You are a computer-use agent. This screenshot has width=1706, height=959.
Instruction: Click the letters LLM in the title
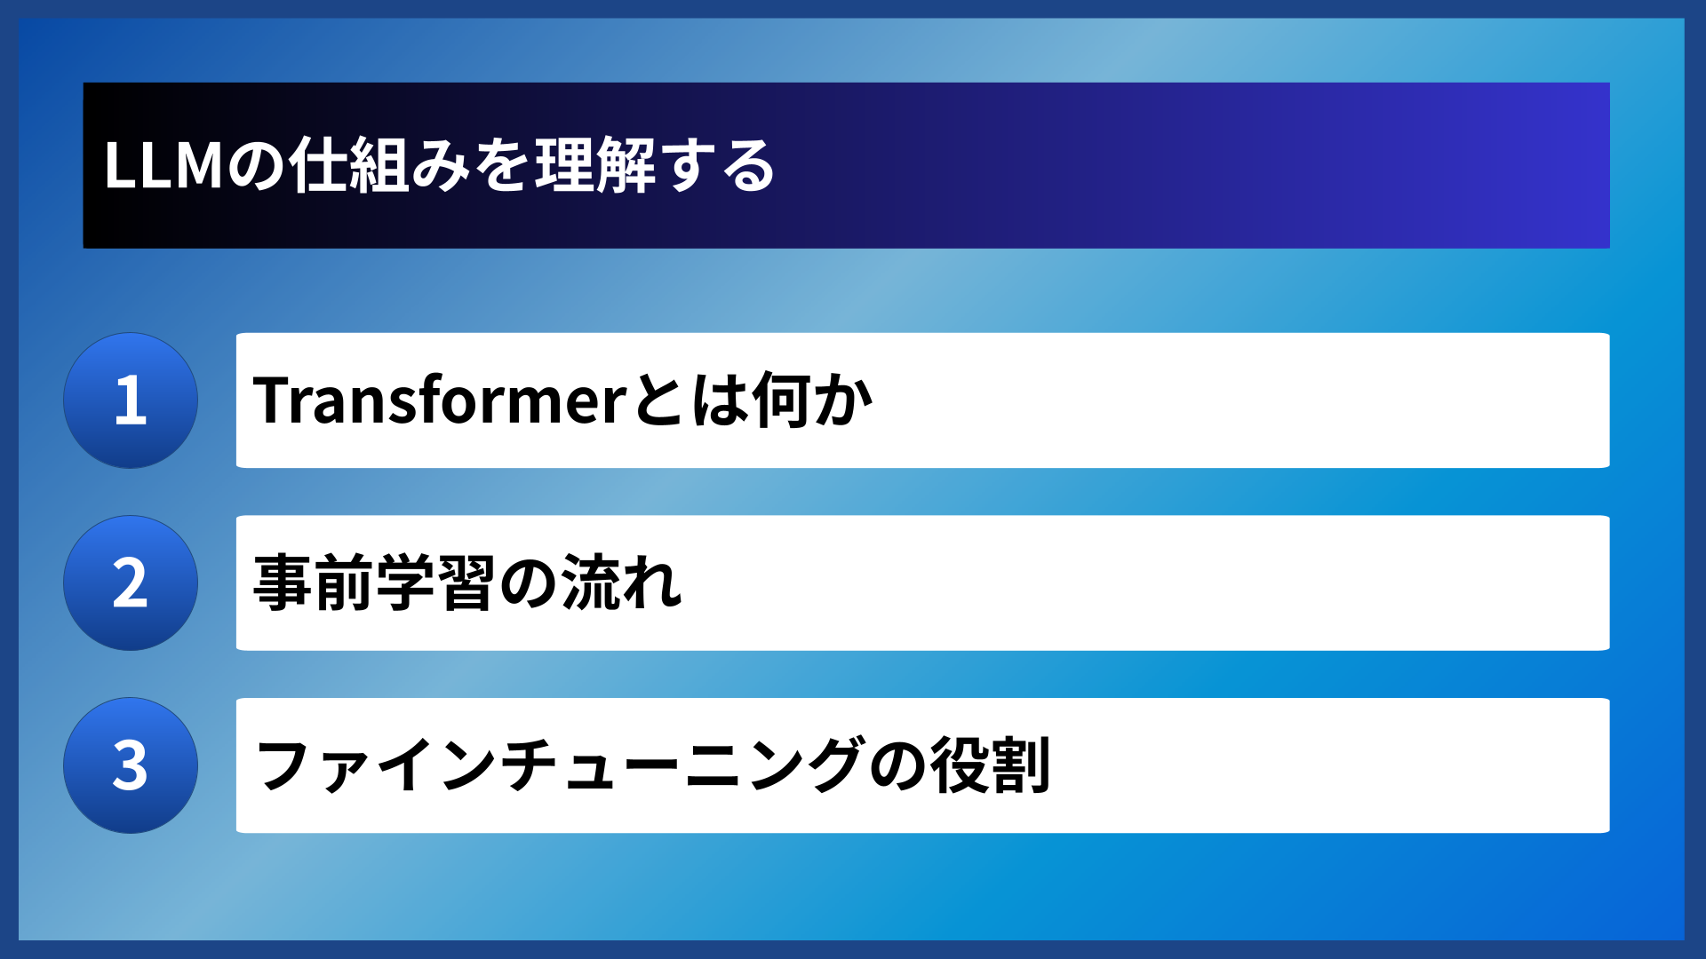point(163,166)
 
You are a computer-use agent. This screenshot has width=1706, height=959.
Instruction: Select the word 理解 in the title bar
point(594,166)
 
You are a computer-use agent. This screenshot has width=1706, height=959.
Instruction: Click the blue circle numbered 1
point(131,400)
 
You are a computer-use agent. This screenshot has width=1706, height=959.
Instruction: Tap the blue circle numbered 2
point(131,583)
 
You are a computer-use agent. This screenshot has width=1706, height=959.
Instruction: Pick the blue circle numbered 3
point(131,765)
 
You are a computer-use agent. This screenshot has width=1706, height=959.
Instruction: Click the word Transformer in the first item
point(441,400)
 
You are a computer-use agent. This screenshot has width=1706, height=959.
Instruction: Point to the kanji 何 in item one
point(781,400)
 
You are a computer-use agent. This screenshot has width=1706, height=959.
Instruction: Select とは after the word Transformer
point(690,400)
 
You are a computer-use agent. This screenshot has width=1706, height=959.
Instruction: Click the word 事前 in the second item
point(313,583)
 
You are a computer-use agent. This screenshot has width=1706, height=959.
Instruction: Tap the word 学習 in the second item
point(434,583)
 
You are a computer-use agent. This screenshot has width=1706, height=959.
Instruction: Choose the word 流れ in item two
point(621,583)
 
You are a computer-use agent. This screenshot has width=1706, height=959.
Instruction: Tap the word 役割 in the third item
point(991,765)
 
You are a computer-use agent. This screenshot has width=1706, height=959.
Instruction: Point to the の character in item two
point(528,583)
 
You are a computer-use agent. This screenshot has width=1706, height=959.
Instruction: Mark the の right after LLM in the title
point(257,166)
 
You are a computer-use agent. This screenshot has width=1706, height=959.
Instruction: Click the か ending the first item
point(843,400)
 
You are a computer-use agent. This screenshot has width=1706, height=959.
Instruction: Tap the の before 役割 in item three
point(897,765)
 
